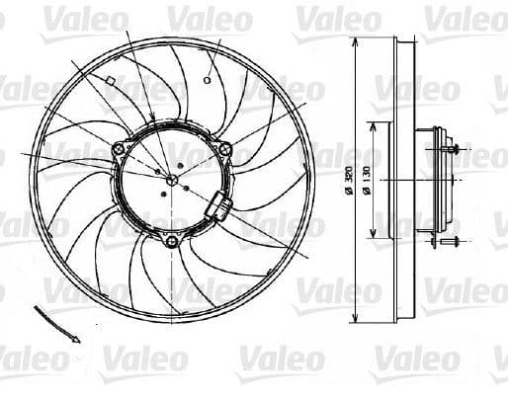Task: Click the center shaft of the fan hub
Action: [172, 180]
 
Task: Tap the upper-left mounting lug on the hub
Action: [120, 149]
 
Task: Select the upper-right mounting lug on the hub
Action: [224, 149]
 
